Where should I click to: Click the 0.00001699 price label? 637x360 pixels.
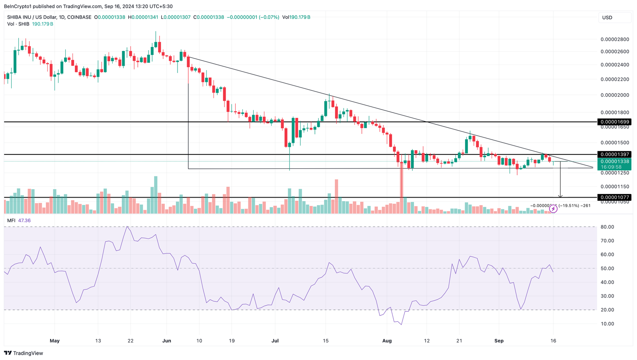(x=615, y=122)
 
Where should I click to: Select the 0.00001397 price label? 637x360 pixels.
(x=615, y=155)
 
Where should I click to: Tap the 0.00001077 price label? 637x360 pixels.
(x=615, y=197)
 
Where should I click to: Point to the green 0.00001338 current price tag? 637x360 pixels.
(x=615, y=162)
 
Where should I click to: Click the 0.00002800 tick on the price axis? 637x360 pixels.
(x=615, y=39)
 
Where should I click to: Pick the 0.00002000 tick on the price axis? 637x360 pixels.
(x=615, y=95)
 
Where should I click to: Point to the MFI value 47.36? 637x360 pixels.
(x=24, y=221)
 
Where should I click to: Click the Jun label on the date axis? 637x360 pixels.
(x=167, y=341)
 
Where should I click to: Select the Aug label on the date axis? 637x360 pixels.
(x=387, y=341)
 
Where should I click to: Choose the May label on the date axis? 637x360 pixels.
(x=55, y=341)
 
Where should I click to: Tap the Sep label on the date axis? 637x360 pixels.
(x=499, y=341)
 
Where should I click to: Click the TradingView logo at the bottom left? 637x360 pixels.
(x=23, y=353)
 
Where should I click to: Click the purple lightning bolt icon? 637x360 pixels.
(x=553, y=209)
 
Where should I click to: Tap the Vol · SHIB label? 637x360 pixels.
(x=18, y=24)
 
